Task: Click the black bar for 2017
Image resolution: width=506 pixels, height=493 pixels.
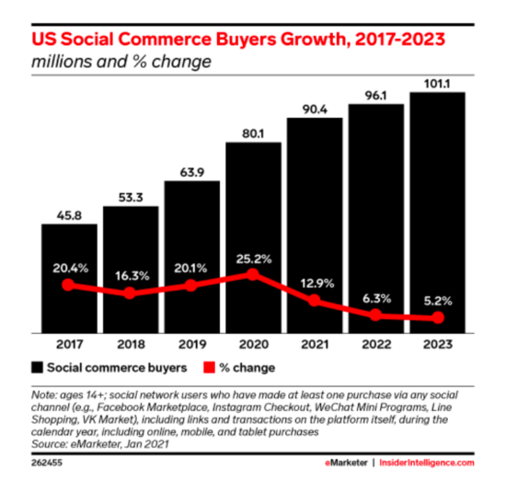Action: (x=69, y=276)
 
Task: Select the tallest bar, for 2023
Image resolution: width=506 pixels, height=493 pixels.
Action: (x=438, y=212)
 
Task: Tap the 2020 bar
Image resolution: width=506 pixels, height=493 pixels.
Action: (x=253, y=239)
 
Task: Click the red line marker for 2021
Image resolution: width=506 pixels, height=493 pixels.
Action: (x=315, y=301)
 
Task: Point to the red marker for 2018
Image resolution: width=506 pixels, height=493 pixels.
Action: (x=130, y=293)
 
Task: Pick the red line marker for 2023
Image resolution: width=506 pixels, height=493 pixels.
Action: (x=438, y=318)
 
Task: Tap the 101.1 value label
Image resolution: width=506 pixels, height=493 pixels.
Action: (x=438, y=81)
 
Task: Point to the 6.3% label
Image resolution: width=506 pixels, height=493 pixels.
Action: (x=376, y=297)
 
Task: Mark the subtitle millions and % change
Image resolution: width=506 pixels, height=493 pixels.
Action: (x=121, y=63)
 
